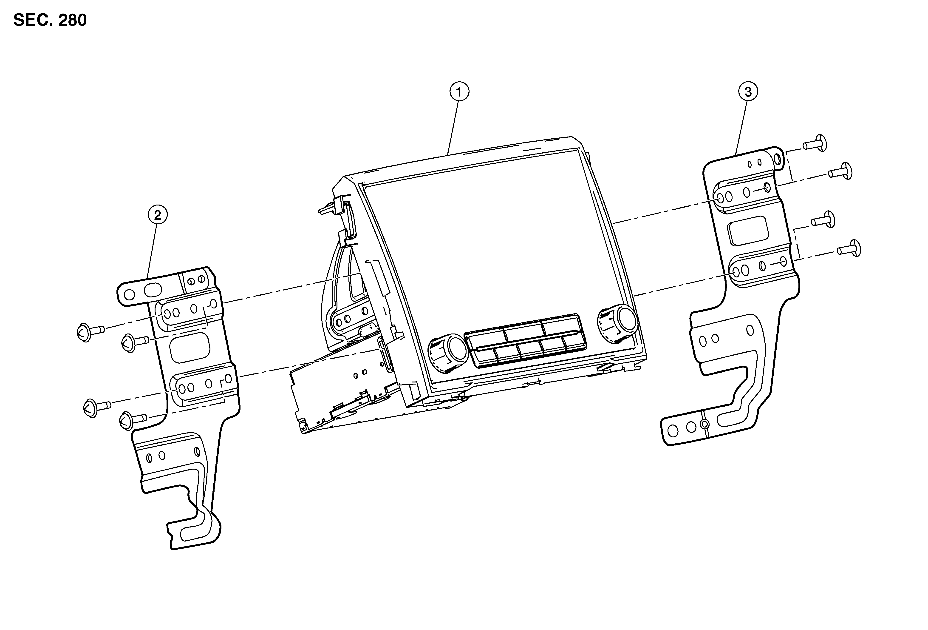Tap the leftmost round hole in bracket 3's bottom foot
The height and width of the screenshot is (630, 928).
coord(673,431)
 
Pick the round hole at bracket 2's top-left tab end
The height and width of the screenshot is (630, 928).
coord(129,295)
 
